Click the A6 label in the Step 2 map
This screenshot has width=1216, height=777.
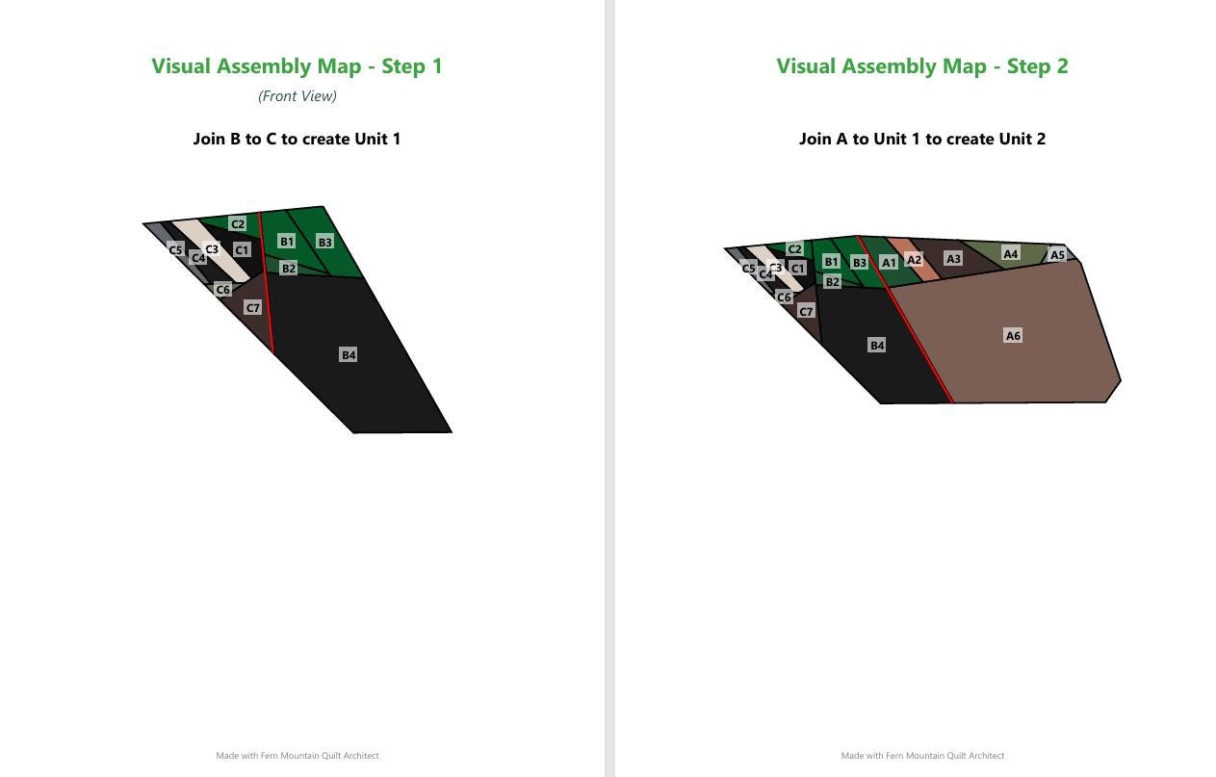tap(1013, 336)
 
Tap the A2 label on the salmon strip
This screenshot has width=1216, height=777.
tap(915, 260)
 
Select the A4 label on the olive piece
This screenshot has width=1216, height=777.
tap(1010, 253)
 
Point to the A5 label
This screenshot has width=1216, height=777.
tap(1057, 254)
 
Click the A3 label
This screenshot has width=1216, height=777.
tap(953, 258)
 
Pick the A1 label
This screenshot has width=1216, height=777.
tap(889, 262)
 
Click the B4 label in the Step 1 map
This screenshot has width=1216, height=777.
tap(349, 354)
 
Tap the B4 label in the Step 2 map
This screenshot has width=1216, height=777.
tap(877, 345)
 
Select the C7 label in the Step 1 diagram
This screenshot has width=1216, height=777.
tap(253, 308)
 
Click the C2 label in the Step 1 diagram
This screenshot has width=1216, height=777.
tap(238, 223)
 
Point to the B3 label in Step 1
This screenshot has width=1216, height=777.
tap(325, 243)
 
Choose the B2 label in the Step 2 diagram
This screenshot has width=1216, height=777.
tap(832, 282)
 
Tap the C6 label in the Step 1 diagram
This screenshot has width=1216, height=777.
tap(223, 290)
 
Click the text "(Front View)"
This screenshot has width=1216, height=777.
tap(297, 96)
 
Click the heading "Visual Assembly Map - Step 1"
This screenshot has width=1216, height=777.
tap(297, 66)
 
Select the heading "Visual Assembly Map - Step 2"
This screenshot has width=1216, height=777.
tap(922, 66)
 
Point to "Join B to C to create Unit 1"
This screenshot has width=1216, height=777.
tap(297, 139)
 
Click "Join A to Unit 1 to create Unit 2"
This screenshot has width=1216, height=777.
tap(922, 139)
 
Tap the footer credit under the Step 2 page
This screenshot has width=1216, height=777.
tap(922, 755)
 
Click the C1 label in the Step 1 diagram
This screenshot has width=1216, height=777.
tap(242, 249)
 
